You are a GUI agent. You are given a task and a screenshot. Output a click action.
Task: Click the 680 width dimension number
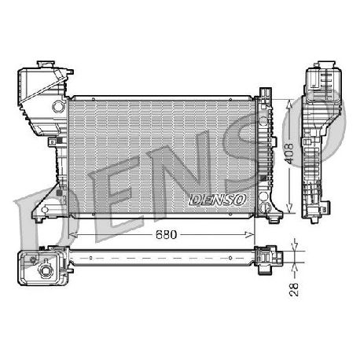click(166, 234)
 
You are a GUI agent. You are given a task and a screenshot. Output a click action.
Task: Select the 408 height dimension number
click(289, 153)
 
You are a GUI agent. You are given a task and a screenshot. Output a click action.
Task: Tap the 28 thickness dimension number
click(294, 289)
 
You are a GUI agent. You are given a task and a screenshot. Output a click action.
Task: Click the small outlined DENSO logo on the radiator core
click(218, 200)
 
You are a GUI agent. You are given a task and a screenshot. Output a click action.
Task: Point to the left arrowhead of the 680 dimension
click(73, 235)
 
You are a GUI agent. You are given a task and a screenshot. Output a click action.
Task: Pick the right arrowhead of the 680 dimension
click(250, 235)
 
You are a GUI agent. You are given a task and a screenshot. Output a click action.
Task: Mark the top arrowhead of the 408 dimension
click(289, 104)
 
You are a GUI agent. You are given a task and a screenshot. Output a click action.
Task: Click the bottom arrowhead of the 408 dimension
click(289, 208)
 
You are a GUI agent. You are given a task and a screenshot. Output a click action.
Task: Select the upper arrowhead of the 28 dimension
click(295, 245)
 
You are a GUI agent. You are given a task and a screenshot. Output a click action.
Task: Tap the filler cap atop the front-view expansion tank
click(46, 64)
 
